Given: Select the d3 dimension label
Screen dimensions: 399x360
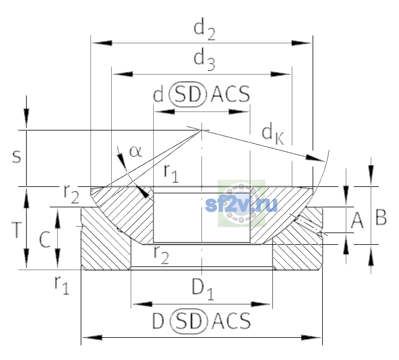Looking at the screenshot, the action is coord(205,59).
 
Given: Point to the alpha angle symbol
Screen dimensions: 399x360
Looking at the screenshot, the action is coord(136,151).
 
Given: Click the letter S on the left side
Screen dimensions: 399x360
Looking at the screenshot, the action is coord(16,157).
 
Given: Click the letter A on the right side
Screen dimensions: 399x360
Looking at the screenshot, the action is coord(357,220).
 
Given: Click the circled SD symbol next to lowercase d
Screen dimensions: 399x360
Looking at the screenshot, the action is coord(188,94).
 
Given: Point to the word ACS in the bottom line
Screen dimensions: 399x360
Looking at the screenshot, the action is coord(231,321).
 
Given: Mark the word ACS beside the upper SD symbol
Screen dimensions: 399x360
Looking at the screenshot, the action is coord(230,94).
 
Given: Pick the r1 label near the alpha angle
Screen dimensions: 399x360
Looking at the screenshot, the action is coord(171,173).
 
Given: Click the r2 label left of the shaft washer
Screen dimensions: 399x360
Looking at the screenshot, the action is coord(71,194).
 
